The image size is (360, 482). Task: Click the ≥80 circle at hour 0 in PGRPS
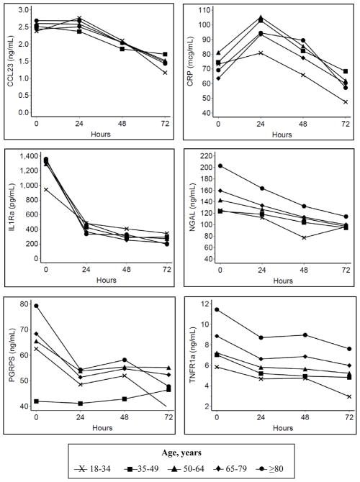pos(36,306)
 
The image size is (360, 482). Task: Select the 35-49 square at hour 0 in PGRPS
pos(36,401)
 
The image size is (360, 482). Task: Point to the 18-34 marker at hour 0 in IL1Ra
pos(36,190)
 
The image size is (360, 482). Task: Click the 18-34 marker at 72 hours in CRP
pos(346,101)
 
